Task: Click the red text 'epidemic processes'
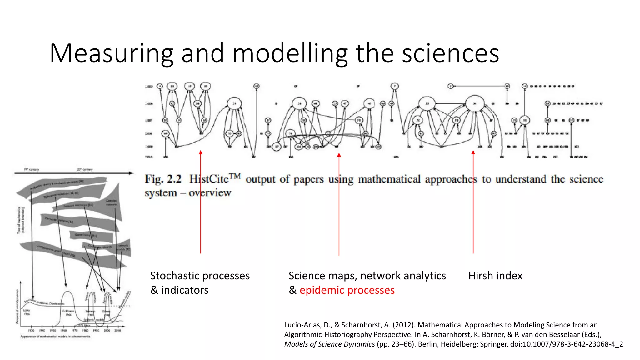click(347, 290)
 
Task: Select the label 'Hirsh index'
click(495, 276)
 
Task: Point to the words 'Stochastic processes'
click(200, 276)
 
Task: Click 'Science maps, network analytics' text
click(367, 276)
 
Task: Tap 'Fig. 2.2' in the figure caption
click(163, 179)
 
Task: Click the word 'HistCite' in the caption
click(209, 179)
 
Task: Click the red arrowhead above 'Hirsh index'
click(473, 152)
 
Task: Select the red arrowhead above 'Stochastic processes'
click(201, 152)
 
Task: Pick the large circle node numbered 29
click(234, 103)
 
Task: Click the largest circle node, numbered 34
click(475, 103)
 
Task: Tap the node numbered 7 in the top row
click(395, 86)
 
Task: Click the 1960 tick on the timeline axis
click(63, 330)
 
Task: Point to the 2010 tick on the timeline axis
click(117, 330)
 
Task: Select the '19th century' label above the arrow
click(31, 169)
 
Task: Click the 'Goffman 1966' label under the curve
click(68, 313)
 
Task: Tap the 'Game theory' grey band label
click(85, 235)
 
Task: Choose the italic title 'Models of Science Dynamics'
click(329, 344)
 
